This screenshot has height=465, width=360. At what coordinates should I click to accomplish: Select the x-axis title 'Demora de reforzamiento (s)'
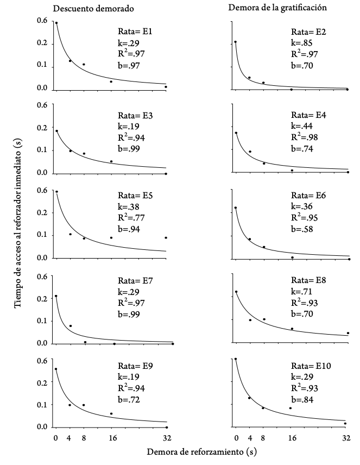pyautogui.click(x=201, y=451)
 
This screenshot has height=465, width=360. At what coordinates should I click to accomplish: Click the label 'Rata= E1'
pyautogui.click(x=135, y=32)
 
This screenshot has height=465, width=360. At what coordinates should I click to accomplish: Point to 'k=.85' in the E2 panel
pyautogui.click(x=300, y=43)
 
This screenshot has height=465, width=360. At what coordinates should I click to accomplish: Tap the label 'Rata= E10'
pyautogui.click(x=310, y=366)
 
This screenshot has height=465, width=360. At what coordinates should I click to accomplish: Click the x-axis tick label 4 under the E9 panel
pyautogui.click(x=70, y=438)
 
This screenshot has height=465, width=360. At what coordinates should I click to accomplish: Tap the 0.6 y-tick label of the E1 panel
pyautogui.click(x=43, y=21)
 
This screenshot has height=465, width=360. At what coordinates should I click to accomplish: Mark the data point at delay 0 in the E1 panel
pyautogui.click(x=56, y=23)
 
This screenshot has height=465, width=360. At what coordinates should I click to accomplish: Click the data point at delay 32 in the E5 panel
pyautogui.click(x=166, y=237)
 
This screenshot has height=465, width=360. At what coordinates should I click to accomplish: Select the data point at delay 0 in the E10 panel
pyautogui.click(x=236, y=359)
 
